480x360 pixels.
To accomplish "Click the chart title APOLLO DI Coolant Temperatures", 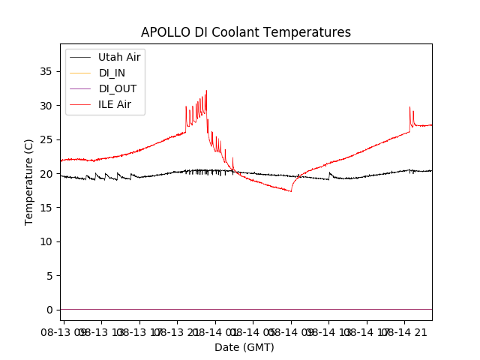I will (246, 32).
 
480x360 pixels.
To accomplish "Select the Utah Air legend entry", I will (119, 57).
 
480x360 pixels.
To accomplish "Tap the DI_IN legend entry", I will (113, 73).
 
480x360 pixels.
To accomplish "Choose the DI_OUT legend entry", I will (118, 88).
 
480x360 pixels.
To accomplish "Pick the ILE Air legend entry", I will (115, 104).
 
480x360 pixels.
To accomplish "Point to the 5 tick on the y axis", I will (51, 275).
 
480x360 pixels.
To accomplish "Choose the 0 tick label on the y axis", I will (51, 310).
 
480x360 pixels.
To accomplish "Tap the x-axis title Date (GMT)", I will (244, 347).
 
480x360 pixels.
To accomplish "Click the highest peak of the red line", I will (206, 91).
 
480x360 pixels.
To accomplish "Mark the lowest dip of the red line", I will (290, 191).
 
